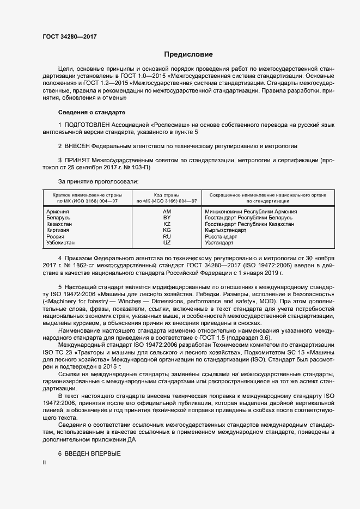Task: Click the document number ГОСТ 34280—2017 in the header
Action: pyautogui.click(x=65, y=38)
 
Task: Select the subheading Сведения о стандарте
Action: pyautogui.click(x=91, y=112)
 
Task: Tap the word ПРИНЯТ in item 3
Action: pyautogui.click(x=78, y=161)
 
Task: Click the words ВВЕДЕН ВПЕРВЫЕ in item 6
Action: pyautogui.click(x=92, y=453)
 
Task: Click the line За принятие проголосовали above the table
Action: pyautogui.click(x=98, y=181)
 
